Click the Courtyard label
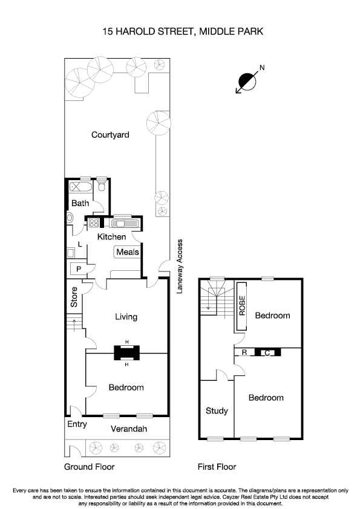110,135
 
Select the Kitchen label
112,237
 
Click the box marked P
79,268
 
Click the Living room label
126,317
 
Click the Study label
217,411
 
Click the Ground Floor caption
89,467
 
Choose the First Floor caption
217,467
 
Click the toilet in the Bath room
102,187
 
